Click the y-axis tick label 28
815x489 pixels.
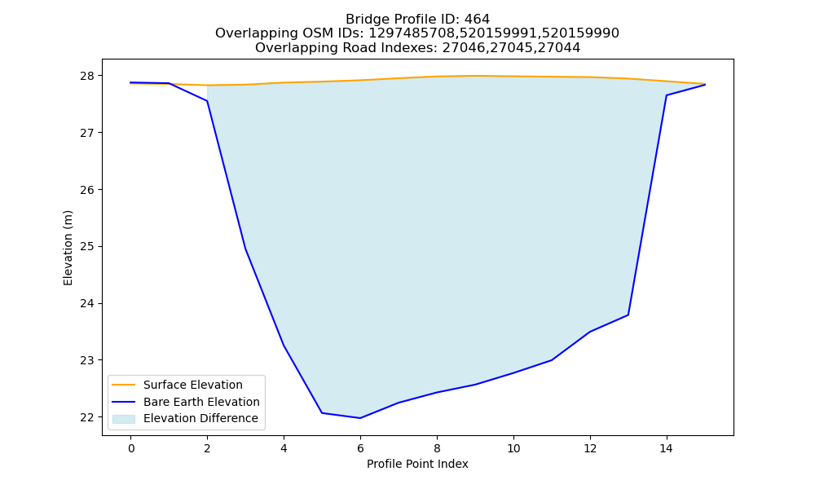tap(88, 76)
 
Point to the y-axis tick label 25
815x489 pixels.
tap(88, 247)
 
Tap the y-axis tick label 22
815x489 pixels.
tap(88, 417)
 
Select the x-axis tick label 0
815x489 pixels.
tap(131, 448)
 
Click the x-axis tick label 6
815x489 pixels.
tap(360, 448)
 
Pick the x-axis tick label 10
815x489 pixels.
tap(513, 448)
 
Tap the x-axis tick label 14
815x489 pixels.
tap(667, 448)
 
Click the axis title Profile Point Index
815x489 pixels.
tap(417, 464)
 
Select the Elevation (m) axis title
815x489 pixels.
tap(68, 248)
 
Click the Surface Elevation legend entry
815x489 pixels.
tap(193, 385)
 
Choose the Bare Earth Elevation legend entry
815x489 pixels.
tap(201, 402)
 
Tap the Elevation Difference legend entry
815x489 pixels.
tap(200, 418)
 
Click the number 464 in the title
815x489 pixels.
tap(477, 20)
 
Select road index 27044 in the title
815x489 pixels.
tap(559, 48)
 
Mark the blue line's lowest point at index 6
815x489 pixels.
tap(360, 418)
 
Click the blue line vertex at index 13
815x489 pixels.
tap(628, 315)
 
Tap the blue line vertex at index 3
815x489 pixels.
tap(245, 249)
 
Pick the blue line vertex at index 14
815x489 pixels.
tap(667, 95)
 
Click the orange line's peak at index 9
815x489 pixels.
tap(475, 76)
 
